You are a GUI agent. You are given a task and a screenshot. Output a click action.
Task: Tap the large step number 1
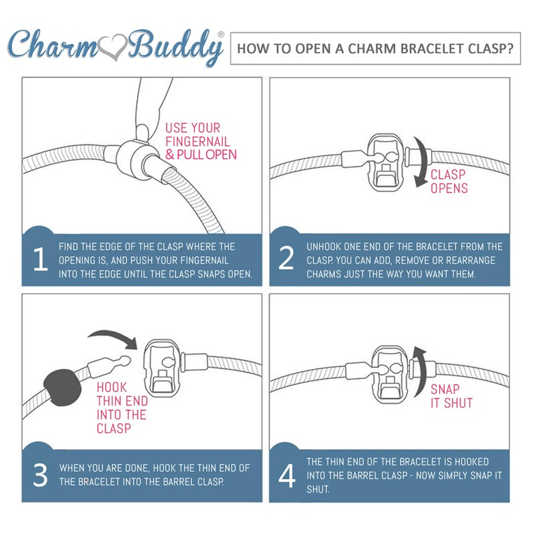tap(41, 259)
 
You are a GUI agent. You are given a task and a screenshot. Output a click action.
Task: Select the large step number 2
tap(286, 258)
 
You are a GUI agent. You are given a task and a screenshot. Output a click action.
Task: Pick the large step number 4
tap(287, 476)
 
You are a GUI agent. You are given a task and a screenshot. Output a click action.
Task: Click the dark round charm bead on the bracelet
tap(63, 387)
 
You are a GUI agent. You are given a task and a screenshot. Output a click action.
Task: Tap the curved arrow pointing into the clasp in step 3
tap(114, 337)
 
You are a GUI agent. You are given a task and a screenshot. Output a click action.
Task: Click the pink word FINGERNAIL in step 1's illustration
tap(198, 142)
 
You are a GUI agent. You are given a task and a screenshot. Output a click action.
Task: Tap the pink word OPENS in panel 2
tap(449, 188)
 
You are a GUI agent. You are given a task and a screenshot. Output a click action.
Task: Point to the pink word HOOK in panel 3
tap(111, 388)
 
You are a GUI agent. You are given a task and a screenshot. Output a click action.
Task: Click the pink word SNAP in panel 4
tap(445, 389)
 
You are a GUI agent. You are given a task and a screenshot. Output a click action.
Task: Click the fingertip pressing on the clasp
tap(142, 132)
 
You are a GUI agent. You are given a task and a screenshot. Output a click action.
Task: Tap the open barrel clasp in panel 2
tap(385, 166)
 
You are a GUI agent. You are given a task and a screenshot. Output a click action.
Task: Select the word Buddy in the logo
tap(176, 47)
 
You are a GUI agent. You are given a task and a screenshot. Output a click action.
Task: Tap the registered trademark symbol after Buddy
tap(221, 35)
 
